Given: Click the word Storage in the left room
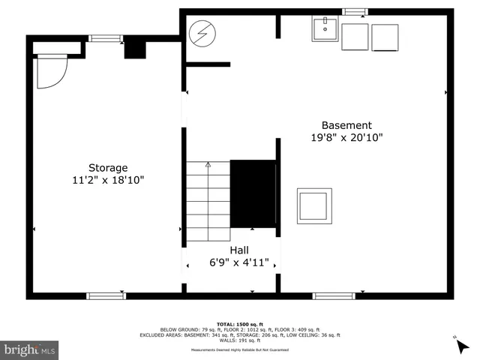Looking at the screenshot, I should click(108, 167).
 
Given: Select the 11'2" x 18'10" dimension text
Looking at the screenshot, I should click(108, 180).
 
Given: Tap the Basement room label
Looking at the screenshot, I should click(346, 125).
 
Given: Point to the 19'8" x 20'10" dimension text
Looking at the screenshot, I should click(346, 138).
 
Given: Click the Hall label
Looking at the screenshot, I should click(239, 250).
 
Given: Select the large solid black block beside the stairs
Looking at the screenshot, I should click(253, 193).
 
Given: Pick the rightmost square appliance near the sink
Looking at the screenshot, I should click(385, 37).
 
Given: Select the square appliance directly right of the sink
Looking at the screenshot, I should click(355, 37).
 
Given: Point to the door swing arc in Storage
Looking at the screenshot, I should click(52, 71).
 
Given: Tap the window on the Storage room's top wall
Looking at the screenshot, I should click(105, 38).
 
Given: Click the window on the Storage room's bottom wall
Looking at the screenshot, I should click(106, 295).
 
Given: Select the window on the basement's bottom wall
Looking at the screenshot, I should click(333, 295).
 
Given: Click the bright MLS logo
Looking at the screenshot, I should click(30, 349).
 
